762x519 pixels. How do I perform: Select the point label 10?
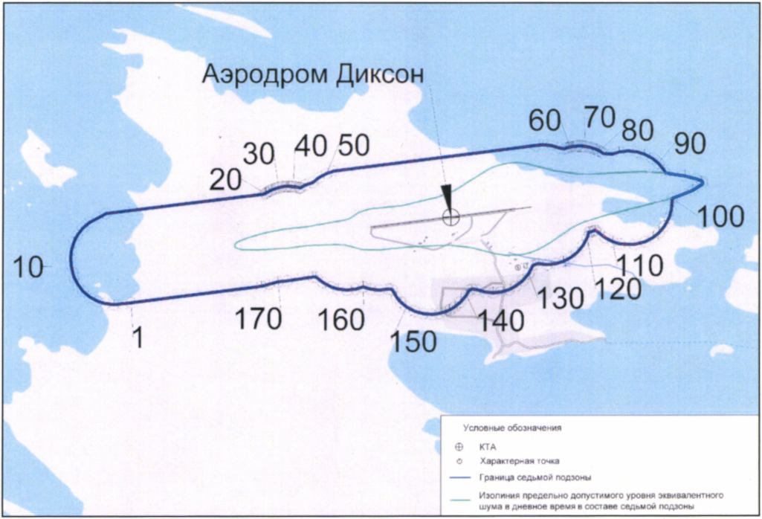point(28,267)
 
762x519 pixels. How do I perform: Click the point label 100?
point(721,216)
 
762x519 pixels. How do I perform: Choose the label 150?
point(413,341)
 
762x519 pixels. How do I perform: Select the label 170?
point(259,319)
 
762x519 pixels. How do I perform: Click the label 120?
point(617,288)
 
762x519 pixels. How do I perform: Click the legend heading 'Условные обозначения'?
point(512,428)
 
